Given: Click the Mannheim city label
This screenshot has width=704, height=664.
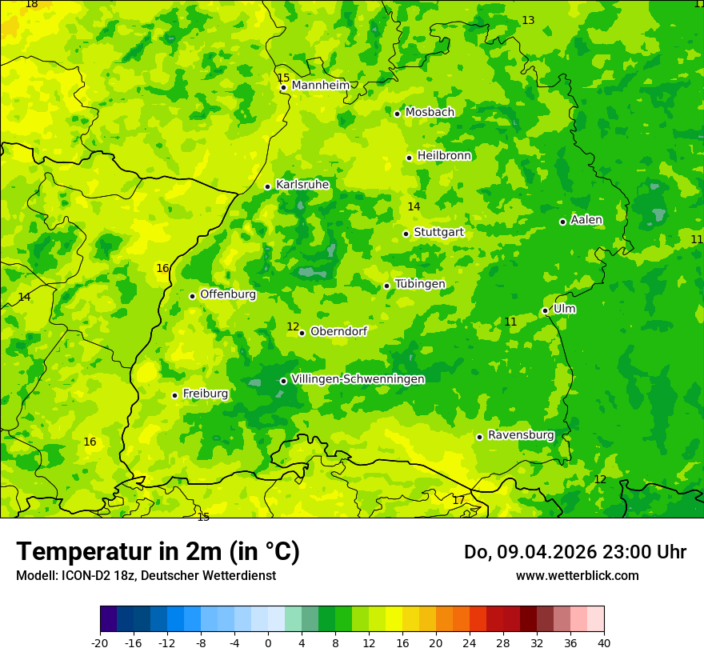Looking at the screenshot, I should pyautogui.click(x=320, y=86).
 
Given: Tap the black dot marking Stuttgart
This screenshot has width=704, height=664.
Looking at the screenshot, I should pyautogui.click(x=406, y=234).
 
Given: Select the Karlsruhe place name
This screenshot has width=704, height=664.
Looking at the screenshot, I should pyautogui.click(x=302, y=185).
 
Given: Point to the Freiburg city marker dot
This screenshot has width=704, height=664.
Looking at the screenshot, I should pyautogui.click(x=174, y=395).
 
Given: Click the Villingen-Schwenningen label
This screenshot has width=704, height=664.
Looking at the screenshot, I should pyautogui.click(x=358, y=379).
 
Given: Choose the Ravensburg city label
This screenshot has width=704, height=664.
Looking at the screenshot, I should pyautogui.click(x=521, y=435).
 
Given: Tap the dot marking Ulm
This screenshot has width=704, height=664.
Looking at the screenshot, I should pyautogui.click(x=545, y=310).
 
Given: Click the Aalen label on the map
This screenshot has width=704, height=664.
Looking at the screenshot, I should pyautogui.click(x=586, y=220).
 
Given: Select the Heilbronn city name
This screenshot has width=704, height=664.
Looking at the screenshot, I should pyautogui.click(x=444, y=156).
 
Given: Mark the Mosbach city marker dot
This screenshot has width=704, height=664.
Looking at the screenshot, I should pyautogui.click(x=397, y=114).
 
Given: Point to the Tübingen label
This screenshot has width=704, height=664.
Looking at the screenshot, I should pyautogui.click(x=420, y=284).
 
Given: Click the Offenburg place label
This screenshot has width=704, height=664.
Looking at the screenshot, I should pyautogui.click(x=228, y=294).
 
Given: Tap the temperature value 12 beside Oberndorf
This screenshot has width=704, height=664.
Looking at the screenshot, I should pyautogui.click(x=293, y=326).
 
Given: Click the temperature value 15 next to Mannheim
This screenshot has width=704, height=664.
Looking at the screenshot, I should pyautogui.click(x=283, y=78).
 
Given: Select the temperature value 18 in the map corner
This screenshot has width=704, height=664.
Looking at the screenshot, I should pyautogui.click(x=31, y=4).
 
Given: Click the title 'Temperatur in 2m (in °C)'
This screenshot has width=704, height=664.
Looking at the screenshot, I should pyautogui.click(x=158, y=552).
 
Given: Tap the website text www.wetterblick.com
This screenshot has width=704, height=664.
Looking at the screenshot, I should pyautogui.click(x=577, y=576).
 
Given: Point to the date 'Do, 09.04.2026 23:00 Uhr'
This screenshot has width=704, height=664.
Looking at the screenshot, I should pyautogui.click(x=575, y=552).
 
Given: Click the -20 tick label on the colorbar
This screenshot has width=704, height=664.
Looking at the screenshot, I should pyautogui.click(x=100, y=643).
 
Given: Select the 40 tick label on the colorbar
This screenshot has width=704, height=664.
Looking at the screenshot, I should pyautogui.click(x=604, y=643).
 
